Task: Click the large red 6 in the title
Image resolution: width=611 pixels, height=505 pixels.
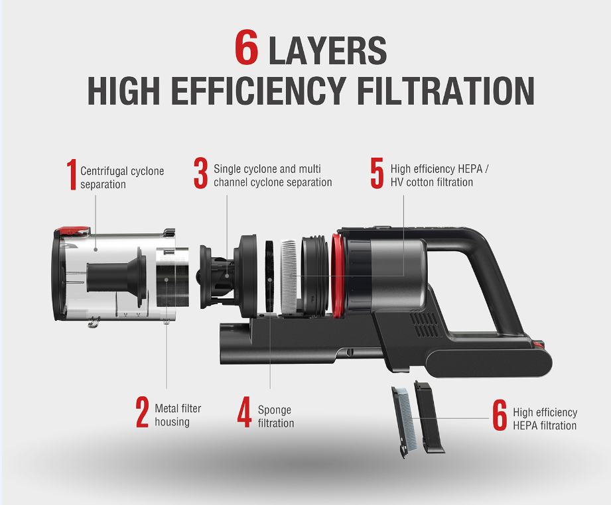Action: coord(246,47)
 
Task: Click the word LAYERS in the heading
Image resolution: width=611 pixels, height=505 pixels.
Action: coord(328,50)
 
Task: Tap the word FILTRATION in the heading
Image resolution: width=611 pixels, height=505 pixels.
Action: coord(446,91)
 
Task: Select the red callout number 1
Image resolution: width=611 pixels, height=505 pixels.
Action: coord(71,174)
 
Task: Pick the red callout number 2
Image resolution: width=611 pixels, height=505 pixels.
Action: coord(142,412)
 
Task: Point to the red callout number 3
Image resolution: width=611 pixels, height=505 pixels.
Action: coord(200,173)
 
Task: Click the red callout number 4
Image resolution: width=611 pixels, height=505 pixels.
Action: coord(244,412)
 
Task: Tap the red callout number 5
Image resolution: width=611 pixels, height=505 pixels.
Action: coord(377,173)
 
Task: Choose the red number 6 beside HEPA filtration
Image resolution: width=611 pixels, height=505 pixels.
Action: coord(500,415)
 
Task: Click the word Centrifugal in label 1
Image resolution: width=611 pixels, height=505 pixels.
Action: coord(104,171)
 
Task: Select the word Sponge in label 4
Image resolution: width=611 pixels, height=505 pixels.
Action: coord(275,410)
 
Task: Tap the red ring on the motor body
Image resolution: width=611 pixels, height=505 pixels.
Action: coord(338,275)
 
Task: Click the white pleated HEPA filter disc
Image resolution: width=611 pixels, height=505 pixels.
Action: coord(289,276)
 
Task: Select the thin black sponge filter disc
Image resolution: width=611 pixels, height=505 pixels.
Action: coord(269,276)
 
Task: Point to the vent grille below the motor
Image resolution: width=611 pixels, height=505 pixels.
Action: coord(424,324)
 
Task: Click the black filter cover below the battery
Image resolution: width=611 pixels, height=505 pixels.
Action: coord(429,417)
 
